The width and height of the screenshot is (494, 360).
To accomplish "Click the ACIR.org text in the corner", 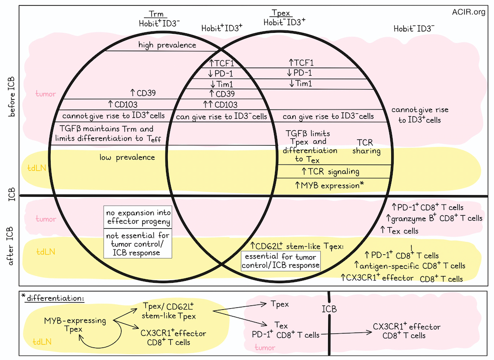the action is click(x=468, y=12).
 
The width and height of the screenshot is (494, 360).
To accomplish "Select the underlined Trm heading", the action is click(x=156, y=14).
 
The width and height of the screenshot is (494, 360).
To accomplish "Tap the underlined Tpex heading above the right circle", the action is click(x=281, y=13).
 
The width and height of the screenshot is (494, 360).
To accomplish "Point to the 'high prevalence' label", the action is click(x=167, y=45).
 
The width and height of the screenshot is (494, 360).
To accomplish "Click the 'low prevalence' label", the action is click(x=127, y=157).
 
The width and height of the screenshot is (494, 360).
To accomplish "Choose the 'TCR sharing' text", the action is click(x=366, y=147).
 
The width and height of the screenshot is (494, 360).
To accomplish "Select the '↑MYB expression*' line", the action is click(x=329, y=185).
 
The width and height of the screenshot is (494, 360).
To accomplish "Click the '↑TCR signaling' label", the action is click(x=330, y=171).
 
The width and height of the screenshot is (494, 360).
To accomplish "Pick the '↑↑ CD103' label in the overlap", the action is click(x=220, y=105).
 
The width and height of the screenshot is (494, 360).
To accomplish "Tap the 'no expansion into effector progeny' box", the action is click(x=138, y=217).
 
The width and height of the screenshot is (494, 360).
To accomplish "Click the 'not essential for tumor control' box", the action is click(x=138, y=244).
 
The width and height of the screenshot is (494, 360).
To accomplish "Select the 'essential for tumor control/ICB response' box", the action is click(x=281, y=261).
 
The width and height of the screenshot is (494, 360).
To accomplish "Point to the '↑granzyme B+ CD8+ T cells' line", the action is click(x=434, y=218).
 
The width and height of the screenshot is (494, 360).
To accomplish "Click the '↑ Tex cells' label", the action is click(x=399, y=231).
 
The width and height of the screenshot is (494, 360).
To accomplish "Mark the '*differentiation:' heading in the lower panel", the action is click(x=53, y=298).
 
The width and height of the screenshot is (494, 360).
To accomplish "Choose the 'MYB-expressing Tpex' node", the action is click(x=75, y=325).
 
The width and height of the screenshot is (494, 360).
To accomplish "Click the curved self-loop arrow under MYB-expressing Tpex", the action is click(x=104, y=346).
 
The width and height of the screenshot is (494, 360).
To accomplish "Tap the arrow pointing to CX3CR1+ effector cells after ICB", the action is click(x=346, y=333).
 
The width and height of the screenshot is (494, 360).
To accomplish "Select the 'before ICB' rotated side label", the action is click(x=12, y=97).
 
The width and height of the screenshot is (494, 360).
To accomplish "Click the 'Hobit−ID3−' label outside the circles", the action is click(x=414, y=28).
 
